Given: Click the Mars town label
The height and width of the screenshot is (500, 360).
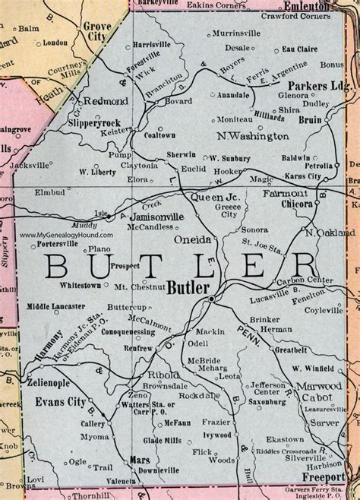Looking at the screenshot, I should point(141,460).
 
